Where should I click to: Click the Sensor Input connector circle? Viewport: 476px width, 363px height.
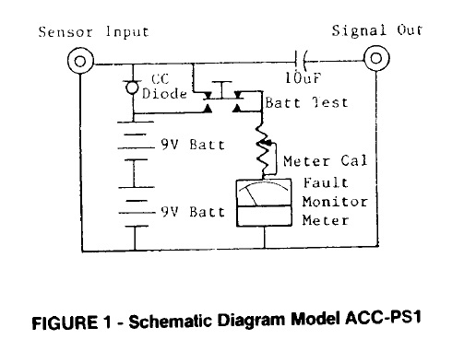pos(81,62)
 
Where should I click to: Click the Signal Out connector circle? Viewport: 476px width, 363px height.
pos(375,58)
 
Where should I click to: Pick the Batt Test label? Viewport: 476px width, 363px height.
pos(306,102)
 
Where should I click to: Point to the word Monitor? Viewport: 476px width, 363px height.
pos(335,201)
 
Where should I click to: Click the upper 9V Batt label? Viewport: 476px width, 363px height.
pos(192,145)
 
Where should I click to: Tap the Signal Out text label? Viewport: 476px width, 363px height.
pos(376,30)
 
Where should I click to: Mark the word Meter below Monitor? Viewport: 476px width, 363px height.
pos(326,219)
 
